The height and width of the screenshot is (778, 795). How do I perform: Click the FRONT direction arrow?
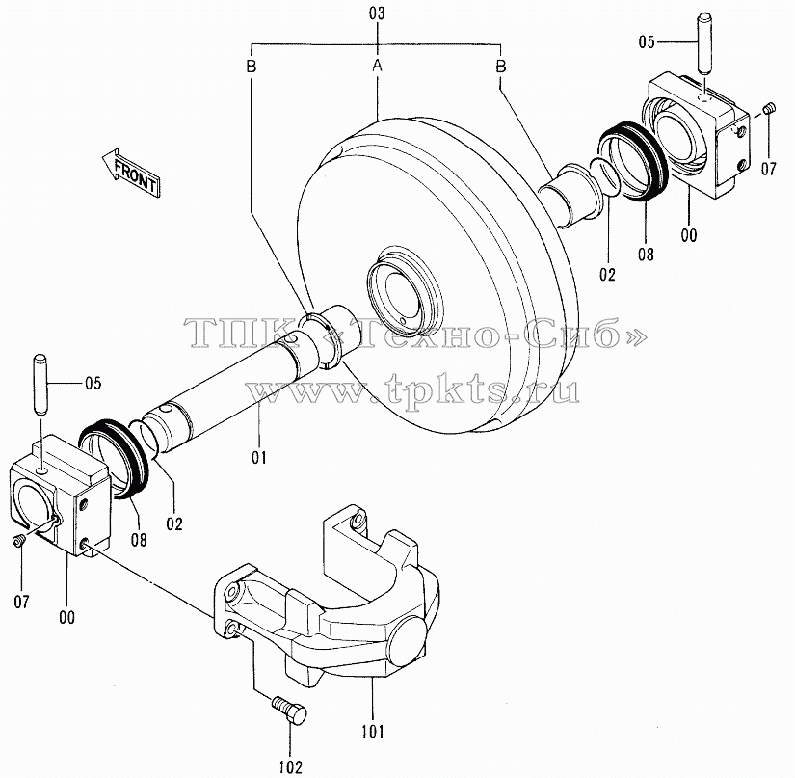coord(131,172)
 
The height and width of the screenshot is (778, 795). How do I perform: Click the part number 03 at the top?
coord(377,13)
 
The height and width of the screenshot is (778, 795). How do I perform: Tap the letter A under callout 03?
coord(377,66)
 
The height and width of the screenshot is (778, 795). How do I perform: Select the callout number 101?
coord(373,732)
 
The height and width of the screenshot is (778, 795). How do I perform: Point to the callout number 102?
coord(290,766)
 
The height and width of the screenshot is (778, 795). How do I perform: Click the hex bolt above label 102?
coord(290,709)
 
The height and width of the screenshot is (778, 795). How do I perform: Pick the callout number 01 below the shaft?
coord(259,458)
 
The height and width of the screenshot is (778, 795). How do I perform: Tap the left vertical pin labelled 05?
coord(40,386)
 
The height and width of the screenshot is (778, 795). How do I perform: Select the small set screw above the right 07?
coord(770,108)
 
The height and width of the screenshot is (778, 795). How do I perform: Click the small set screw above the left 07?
coord(18,541)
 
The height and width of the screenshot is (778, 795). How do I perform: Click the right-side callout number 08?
coord(646,254)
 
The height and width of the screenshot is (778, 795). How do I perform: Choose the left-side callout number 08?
coord(139,539)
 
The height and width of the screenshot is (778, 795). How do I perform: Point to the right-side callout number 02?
coord(607,275)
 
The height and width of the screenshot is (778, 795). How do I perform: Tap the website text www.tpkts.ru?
coord(413,390)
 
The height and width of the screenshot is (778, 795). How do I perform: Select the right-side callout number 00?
coord(689,235)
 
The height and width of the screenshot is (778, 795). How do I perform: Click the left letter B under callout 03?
coord(251,66)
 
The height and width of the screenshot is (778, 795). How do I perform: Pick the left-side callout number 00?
coord(66,617)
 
